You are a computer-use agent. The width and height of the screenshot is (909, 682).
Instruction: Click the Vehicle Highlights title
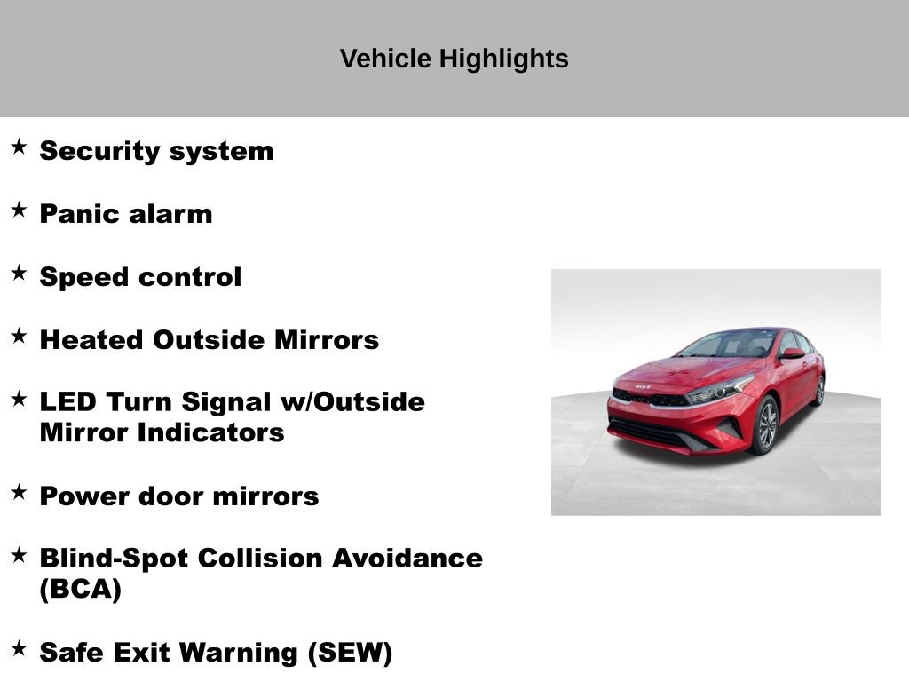(x=454, y=59)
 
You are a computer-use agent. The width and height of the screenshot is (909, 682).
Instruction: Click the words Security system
(x=156, y=151)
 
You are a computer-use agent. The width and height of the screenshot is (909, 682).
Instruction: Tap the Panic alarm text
(x=126, y=214)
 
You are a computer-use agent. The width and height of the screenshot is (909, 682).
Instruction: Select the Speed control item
(x=140, y=277)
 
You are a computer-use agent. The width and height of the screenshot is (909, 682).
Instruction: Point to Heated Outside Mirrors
(x=209, y=340)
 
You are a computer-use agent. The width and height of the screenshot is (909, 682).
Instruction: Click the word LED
(x=67, y=402)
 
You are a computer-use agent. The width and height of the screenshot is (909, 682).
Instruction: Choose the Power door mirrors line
(x=179, y=496)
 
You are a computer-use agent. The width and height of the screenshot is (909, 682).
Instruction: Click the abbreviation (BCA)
(x=81, y=590)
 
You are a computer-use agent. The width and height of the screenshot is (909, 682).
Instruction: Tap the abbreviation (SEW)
(x=350, y=653)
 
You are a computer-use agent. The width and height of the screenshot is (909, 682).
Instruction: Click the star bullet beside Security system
(x=19, y=147)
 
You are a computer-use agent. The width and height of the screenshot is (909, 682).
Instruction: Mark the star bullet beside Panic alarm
(x=19, y=210)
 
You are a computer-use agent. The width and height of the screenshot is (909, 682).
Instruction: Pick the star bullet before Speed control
(x=19, y=273)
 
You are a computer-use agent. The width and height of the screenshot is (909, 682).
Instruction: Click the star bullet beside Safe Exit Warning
(x=19, y=648)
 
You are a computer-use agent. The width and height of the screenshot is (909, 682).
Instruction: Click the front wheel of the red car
(x=763, y=425)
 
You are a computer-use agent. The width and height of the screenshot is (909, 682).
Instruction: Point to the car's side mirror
(x=792, y=353)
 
